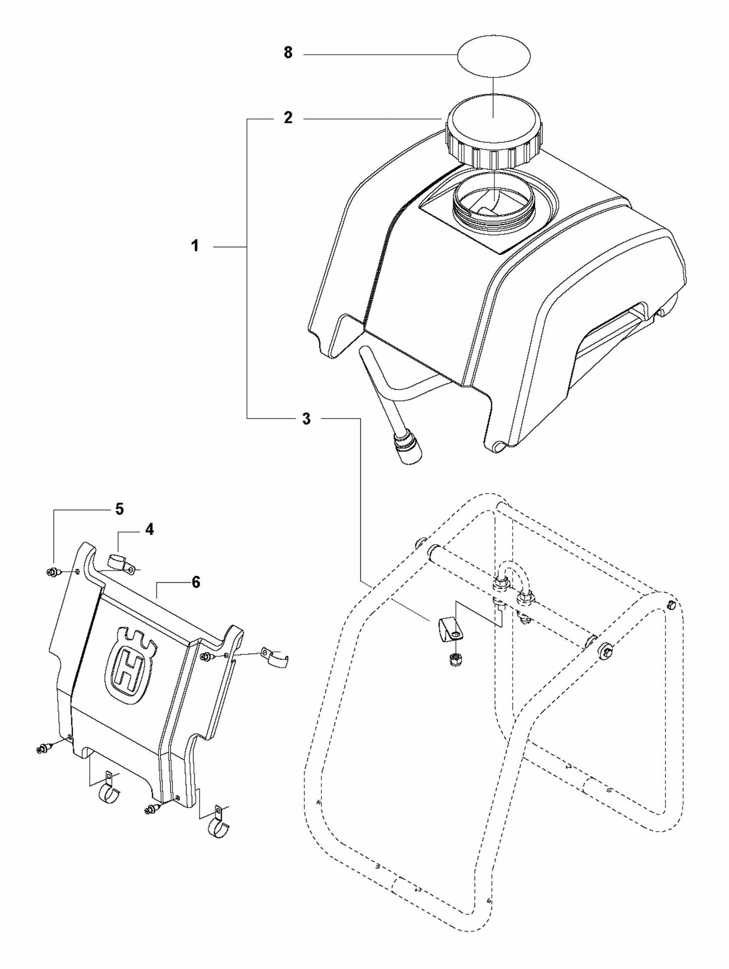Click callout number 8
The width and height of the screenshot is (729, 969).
click(x=288, y=53)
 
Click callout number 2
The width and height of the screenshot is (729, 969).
click(x=288, y=118)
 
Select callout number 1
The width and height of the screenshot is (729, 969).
click(x=195, y=247)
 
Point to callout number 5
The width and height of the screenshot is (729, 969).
click(x=119, y=509)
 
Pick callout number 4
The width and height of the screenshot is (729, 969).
click(x=150, y=529)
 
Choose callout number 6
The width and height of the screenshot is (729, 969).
click(x=196, y=582)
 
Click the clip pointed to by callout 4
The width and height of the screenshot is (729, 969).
click(x=121, y=563)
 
